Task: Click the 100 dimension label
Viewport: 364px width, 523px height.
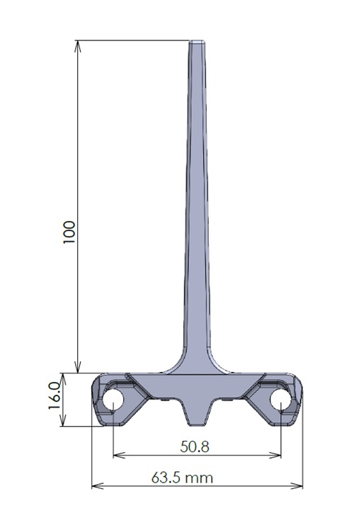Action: [69, 232]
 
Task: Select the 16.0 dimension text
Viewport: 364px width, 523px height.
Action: [54, 396]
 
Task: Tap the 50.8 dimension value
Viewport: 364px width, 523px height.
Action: [195, 446]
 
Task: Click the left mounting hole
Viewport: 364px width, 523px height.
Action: [113, 400]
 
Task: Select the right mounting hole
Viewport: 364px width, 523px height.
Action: [281, 400]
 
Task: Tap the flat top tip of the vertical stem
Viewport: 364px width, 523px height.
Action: [197, 42]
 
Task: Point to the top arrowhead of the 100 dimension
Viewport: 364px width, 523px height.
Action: [77, 45]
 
